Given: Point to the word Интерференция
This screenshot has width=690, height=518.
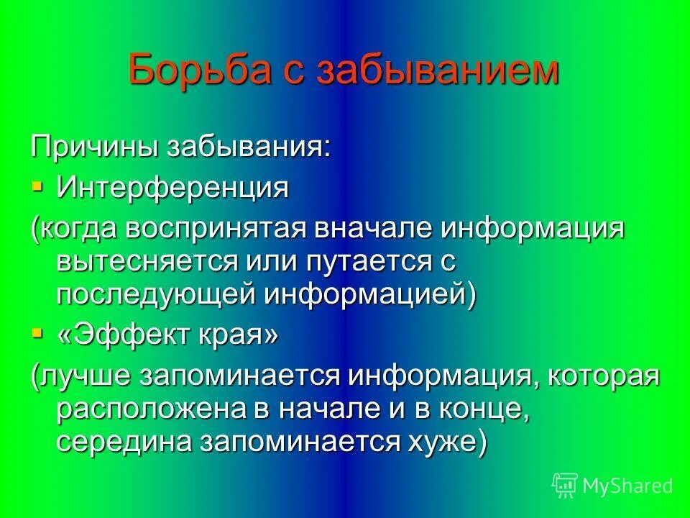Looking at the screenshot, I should click(x=172, y=188).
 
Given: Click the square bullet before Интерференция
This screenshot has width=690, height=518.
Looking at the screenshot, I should click(x=37, y=187).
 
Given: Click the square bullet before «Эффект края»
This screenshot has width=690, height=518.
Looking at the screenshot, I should click(x=37, y=333).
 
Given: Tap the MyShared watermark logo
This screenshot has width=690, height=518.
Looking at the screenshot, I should click(x=612, y=486).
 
